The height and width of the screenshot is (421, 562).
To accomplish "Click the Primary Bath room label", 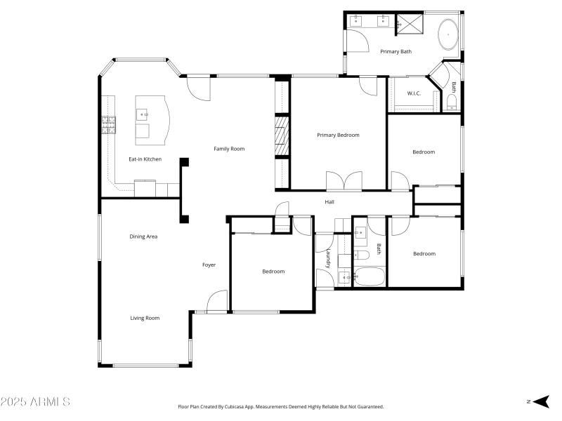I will coord(396,51).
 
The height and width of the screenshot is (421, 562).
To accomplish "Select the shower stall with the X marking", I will coord(410,24).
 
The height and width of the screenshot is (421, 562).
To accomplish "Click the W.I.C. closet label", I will coord(413,94).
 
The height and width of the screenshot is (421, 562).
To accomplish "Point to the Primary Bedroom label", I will coord(338,135).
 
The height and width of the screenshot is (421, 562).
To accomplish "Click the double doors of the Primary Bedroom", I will coord(344,181).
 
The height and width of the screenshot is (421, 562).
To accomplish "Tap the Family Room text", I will coord(229,149).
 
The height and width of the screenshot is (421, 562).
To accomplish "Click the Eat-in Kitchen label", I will coord(145,159).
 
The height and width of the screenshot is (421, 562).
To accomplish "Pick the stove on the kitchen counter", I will coord(109,125).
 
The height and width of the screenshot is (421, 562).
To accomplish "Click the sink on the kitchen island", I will coord(143,113).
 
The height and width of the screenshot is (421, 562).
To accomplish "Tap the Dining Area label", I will coord(143,236).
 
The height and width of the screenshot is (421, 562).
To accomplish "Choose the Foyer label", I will coord(209,265).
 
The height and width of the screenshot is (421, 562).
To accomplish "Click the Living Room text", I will coord(145,318).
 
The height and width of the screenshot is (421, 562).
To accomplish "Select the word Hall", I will coord(329,202).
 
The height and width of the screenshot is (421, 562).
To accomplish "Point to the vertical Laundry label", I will coord(327,258).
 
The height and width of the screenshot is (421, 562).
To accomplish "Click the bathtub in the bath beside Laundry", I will coord(369,276).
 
